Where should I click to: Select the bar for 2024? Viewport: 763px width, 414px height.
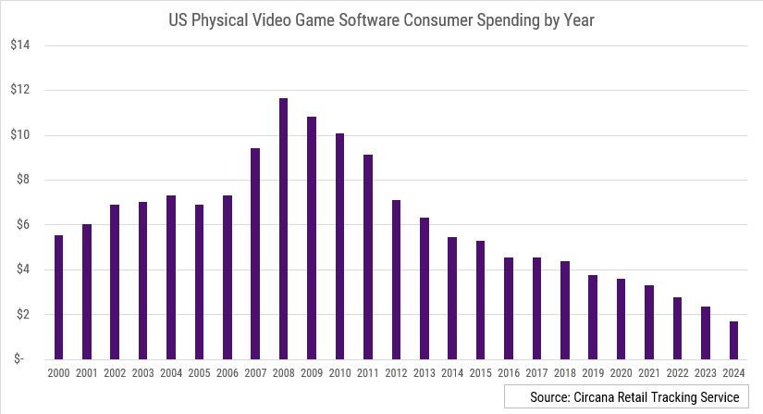(x=733, y=340)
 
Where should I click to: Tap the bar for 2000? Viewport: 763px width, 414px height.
(x=58, y=296)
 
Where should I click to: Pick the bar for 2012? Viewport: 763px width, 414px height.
(x=396, y=279)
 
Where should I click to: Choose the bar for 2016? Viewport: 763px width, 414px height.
(x=509, y=307)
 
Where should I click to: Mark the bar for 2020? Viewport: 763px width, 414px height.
(x=621, y=319)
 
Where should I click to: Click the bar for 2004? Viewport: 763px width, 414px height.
(x=171, y=277)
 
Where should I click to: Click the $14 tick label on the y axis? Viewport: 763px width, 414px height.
(x=21, y=45)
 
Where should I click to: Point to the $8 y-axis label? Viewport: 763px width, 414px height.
(x=24, y=180)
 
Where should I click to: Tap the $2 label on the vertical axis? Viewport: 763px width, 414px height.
(x=24, y=314)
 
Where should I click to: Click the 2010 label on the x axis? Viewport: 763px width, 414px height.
(x=339, y=372)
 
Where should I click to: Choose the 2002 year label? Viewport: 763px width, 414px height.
(x=115, y=372)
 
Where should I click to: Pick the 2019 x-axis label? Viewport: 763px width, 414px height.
(x=593, y=372)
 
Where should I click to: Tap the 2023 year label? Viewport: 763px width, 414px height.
(x=705, y=372)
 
